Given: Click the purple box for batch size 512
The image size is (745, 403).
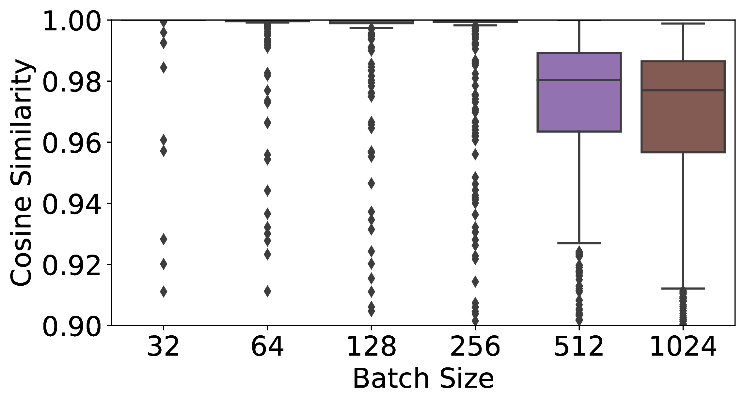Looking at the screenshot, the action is point(579,92).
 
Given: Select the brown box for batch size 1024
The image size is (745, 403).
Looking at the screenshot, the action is point(683,107).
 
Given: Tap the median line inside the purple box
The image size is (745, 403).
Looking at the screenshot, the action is point(579,80).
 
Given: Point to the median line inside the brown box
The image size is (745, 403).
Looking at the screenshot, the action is point(683,90).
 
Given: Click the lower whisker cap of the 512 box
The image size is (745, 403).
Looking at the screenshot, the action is point(579,243).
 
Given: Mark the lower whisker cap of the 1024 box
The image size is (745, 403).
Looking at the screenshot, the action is point(683,288).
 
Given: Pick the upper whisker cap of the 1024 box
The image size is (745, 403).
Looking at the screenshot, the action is point(683,24).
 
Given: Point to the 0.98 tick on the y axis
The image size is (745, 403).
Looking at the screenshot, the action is point(71,81).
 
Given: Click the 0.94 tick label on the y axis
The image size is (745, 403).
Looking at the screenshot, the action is point(71,203).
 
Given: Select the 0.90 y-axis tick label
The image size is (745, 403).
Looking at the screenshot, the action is point(71,325).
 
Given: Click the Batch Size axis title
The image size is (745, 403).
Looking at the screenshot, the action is point(423,379).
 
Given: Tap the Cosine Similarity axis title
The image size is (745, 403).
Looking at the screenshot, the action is point(22,173).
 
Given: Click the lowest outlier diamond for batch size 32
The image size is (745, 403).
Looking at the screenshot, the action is point(164,291).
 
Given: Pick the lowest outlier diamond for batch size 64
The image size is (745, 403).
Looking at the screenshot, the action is point(267,291).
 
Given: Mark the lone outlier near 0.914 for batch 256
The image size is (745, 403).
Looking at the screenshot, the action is point(475,281).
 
